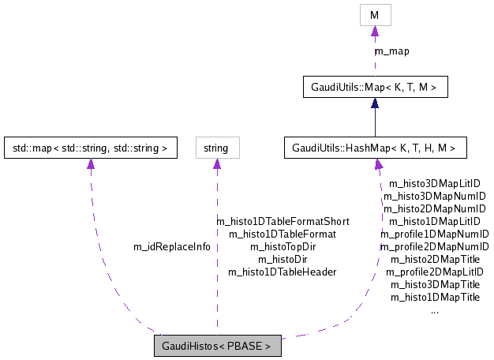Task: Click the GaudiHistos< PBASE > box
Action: pos(217,346)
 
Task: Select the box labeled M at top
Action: pos(375,14)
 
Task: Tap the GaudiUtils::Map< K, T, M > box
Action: pos(375,87)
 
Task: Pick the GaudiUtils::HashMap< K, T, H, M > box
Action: pos(375,148)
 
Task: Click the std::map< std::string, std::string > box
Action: pos(90,148)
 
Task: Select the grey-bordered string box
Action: pos(216,148)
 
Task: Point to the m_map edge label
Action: pos(391,51)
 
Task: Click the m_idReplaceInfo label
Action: pos(172,246)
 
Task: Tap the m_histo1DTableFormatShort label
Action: pos(283,222)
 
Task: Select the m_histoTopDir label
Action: pos(283,246)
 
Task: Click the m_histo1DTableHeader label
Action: pos(283,272)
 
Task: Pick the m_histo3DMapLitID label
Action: pos(435,183)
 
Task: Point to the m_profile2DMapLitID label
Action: pos(435,272)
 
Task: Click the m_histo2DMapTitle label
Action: pos(435,259)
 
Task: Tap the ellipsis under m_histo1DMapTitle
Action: pos(435,310)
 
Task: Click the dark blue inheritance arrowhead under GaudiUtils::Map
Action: pos(375,103)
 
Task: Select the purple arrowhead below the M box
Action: pos(375,31)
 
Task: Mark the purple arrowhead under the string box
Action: pos(216,164)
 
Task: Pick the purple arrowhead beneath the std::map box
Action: pos(90,164)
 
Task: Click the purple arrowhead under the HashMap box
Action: pos(379,164)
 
